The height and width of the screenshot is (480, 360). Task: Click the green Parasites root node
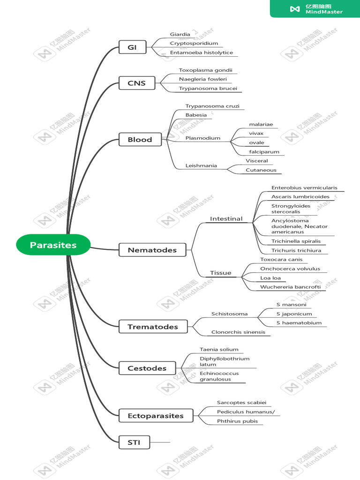[53, 245]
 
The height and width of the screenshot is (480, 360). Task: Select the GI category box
[133, 47]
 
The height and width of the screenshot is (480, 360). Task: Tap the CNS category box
[136, 83]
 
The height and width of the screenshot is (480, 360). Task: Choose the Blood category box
[140, 139]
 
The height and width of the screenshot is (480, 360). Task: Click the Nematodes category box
[152, 250]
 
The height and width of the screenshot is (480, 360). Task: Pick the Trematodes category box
[152, 327]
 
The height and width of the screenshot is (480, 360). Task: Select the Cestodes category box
[147, 368]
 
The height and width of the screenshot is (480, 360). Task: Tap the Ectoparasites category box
[155, 415]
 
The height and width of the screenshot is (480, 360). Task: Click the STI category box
[134, 442]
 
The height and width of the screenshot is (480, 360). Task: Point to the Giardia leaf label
[180, 34]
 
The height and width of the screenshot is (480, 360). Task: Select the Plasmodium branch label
[202, 138]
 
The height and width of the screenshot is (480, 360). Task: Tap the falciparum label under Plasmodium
[264, 152]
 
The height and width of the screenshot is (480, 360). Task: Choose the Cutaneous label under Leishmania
[261, 170]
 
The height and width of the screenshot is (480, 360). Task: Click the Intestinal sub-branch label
[226, 219]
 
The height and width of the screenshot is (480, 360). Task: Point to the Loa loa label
[270, 278]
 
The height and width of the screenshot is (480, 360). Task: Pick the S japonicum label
[294, 314]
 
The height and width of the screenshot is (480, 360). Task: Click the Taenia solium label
[219, 349]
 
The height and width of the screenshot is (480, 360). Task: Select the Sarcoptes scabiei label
[241, 402]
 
